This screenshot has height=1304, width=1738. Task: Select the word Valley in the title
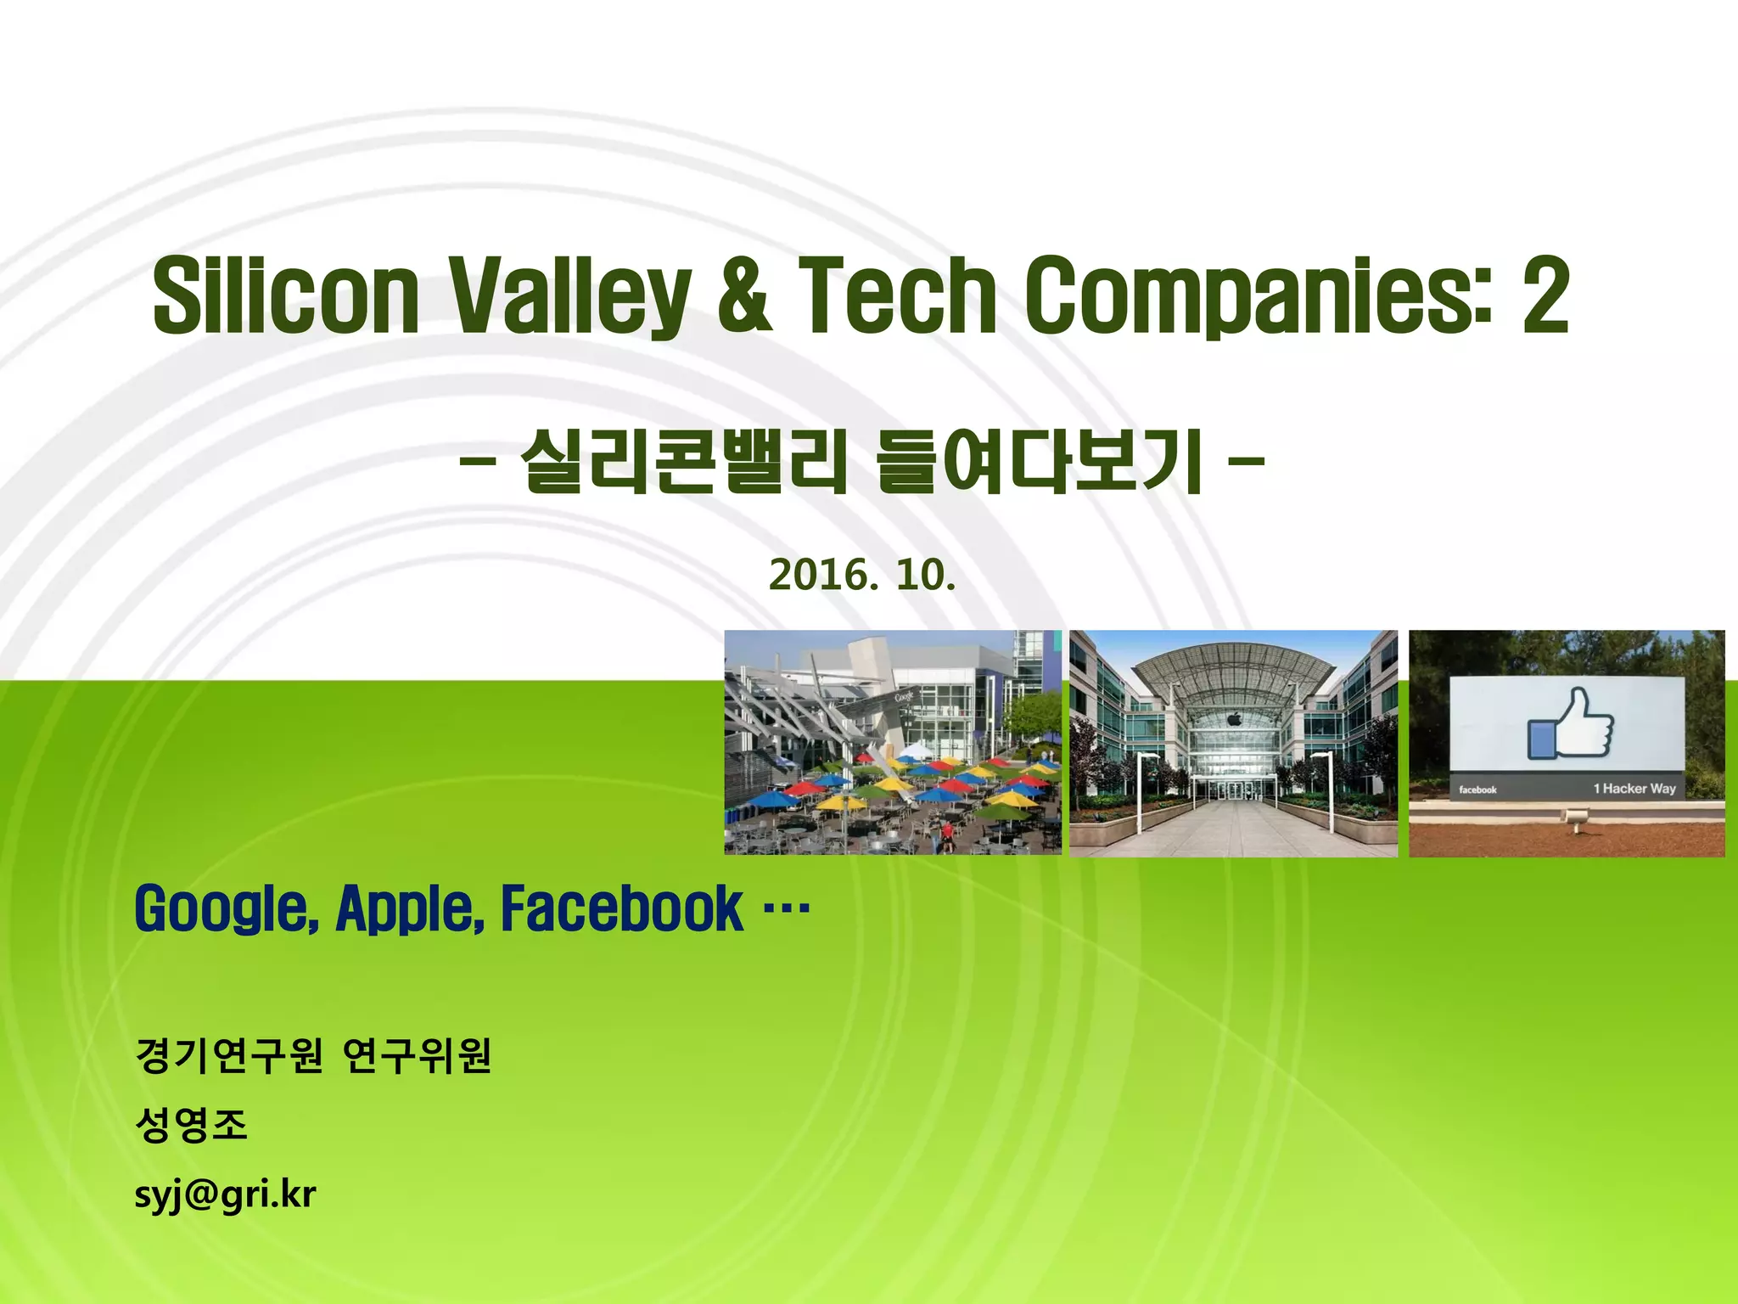pos(568,295)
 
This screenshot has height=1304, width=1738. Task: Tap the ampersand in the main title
pos(745,295)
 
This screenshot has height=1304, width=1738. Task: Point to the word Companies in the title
pos(1258,295)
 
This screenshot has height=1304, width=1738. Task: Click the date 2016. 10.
pos(862,576)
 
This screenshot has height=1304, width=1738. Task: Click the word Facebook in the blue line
pos(622,909)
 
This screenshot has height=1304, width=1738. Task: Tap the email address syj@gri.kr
pos(226,1194)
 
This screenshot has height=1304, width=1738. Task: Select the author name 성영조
pos(191,1125)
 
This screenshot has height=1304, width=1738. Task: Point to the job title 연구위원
pos(417,1055)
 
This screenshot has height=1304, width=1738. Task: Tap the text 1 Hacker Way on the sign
pos(1634,789)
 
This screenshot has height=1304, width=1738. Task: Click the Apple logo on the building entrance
pos(1234,719)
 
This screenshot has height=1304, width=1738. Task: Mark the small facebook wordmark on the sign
pos(1477,790)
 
